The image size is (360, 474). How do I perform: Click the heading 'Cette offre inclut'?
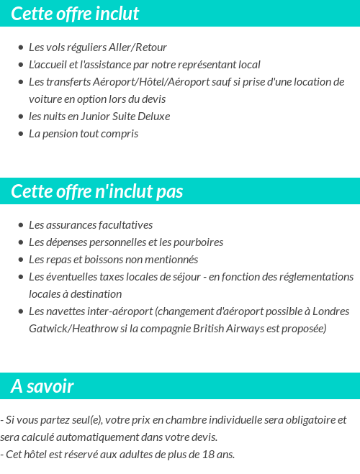75,14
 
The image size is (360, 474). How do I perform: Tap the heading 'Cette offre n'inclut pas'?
97,192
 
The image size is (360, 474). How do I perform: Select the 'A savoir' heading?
42,386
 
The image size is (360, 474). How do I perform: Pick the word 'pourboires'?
197,242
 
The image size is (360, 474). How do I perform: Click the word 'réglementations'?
315,277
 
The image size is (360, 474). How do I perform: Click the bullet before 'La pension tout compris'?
21,135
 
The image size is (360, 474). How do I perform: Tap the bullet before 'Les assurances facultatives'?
21,226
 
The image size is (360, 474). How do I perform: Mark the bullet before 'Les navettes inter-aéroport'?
21,312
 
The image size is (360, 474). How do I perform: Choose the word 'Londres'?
332,311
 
